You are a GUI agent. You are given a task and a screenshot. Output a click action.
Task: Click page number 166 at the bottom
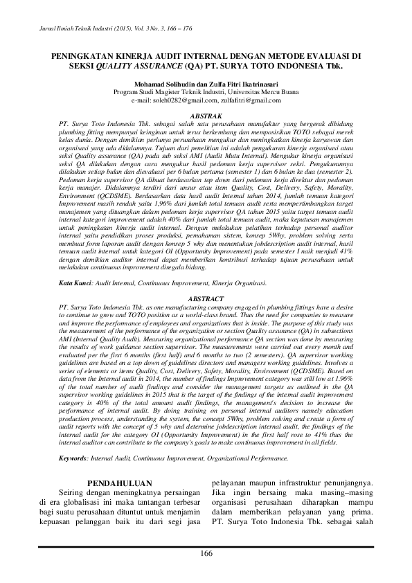click(x=206, y=552)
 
